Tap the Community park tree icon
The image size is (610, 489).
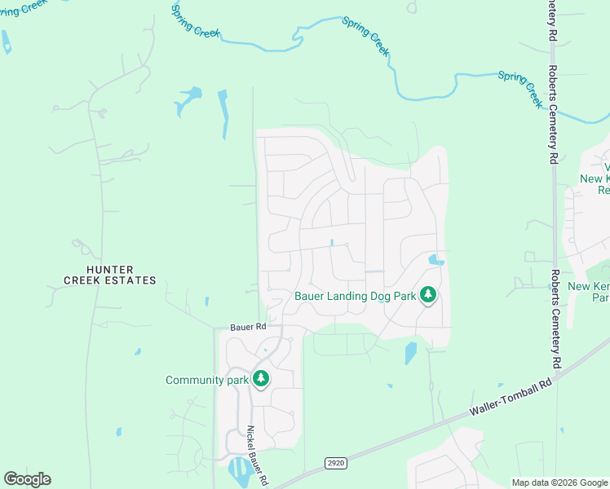coord(261,379)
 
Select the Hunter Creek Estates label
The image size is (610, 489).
coord(110,275)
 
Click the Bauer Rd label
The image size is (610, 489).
coord(248,327)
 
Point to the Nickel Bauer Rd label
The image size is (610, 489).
coord(259,456)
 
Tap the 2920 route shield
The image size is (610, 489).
coord(335,463)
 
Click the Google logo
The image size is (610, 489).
coord(27,479)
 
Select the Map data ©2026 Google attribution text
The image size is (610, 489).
coord(559,482)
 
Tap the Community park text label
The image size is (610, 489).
coord(206,380)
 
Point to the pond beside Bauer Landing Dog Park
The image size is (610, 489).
coord(436,261)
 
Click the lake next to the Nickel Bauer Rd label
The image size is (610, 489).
coord(239,469)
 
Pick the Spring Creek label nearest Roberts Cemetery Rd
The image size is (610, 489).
coord(520,88)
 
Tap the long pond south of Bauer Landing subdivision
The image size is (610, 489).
coord(410,353)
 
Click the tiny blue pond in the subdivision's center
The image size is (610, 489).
coord(332,242)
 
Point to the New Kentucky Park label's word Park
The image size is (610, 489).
coord(601,298)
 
